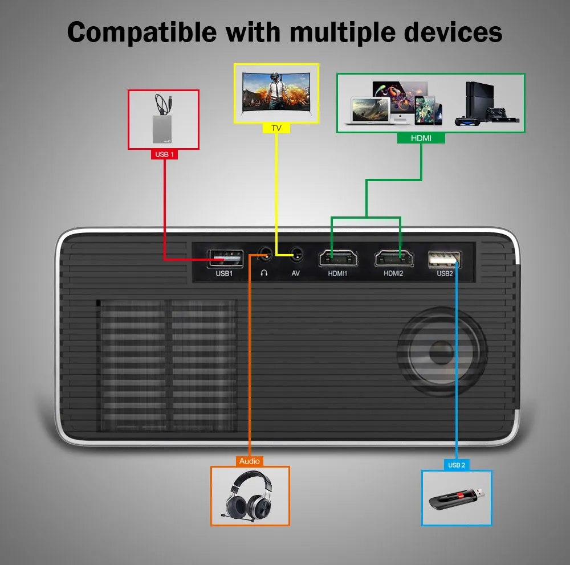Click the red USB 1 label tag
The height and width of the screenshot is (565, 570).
coord(164,154)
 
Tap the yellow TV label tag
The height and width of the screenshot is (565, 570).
coord(276,128)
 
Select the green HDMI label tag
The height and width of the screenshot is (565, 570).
coord(421,138)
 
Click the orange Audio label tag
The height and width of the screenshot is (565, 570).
coord(250,461)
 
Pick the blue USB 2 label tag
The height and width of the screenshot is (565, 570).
coord(457,465)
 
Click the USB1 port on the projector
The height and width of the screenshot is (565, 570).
coord(225,259)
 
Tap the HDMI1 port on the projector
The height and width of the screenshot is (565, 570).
coord(338,259)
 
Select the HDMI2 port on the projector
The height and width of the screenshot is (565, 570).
coord(394,259)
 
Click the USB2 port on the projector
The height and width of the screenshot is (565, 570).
coord(445,259)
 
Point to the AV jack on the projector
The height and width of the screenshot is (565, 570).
coord(296,255)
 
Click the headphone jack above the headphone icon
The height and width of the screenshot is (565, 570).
coord(265,255)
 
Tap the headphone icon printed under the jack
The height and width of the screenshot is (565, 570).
coord(264,273)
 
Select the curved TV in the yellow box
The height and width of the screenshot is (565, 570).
coord(276,91)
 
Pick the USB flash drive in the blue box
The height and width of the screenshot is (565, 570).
coord(457,498)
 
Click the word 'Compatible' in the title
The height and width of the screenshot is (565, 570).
coord(142,33)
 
